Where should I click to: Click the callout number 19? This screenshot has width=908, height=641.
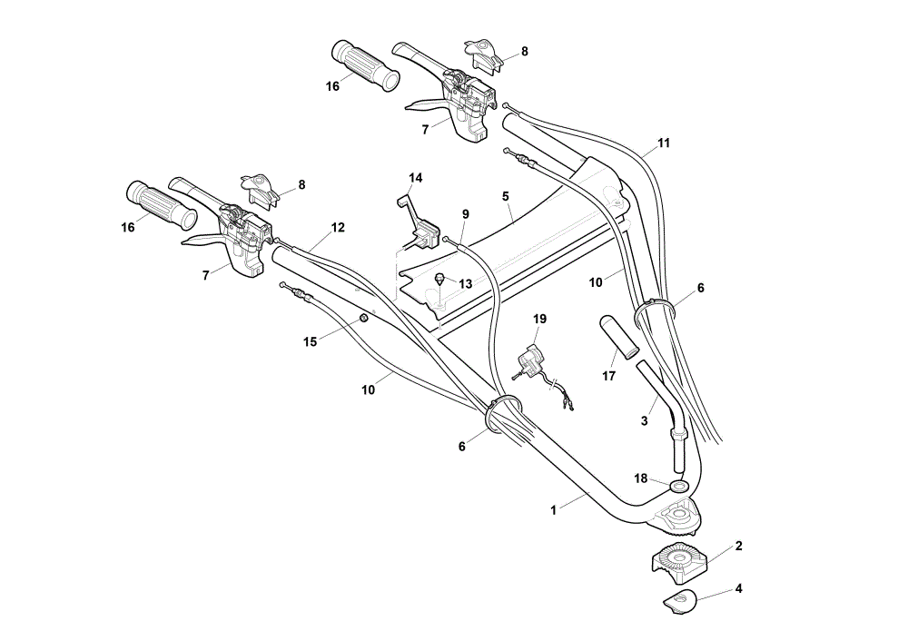(x=539, y=319)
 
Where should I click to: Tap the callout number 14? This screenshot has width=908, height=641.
(x=415, y=178)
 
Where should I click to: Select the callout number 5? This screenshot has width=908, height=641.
(x=506, y=196)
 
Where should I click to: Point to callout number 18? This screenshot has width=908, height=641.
(x=640, y=478)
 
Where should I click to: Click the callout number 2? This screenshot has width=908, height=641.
(x=738, y=546)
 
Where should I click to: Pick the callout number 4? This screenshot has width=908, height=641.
(x=738, y=588)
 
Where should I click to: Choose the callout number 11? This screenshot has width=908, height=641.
(x=664, y=143)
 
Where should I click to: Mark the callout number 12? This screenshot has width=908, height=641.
(x=338, y=228)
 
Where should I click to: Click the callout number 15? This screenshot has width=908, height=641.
(x=311, y=341)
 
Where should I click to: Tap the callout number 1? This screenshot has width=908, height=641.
(x=553, y=510)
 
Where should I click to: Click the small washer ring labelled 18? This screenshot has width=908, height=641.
(x=677, y=484)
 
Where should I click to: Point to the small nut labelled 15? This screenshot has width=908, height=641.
(x=364, y=319)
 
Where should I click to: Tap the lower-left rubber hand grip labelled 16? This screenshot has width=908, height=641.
(x=162, y=204)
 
